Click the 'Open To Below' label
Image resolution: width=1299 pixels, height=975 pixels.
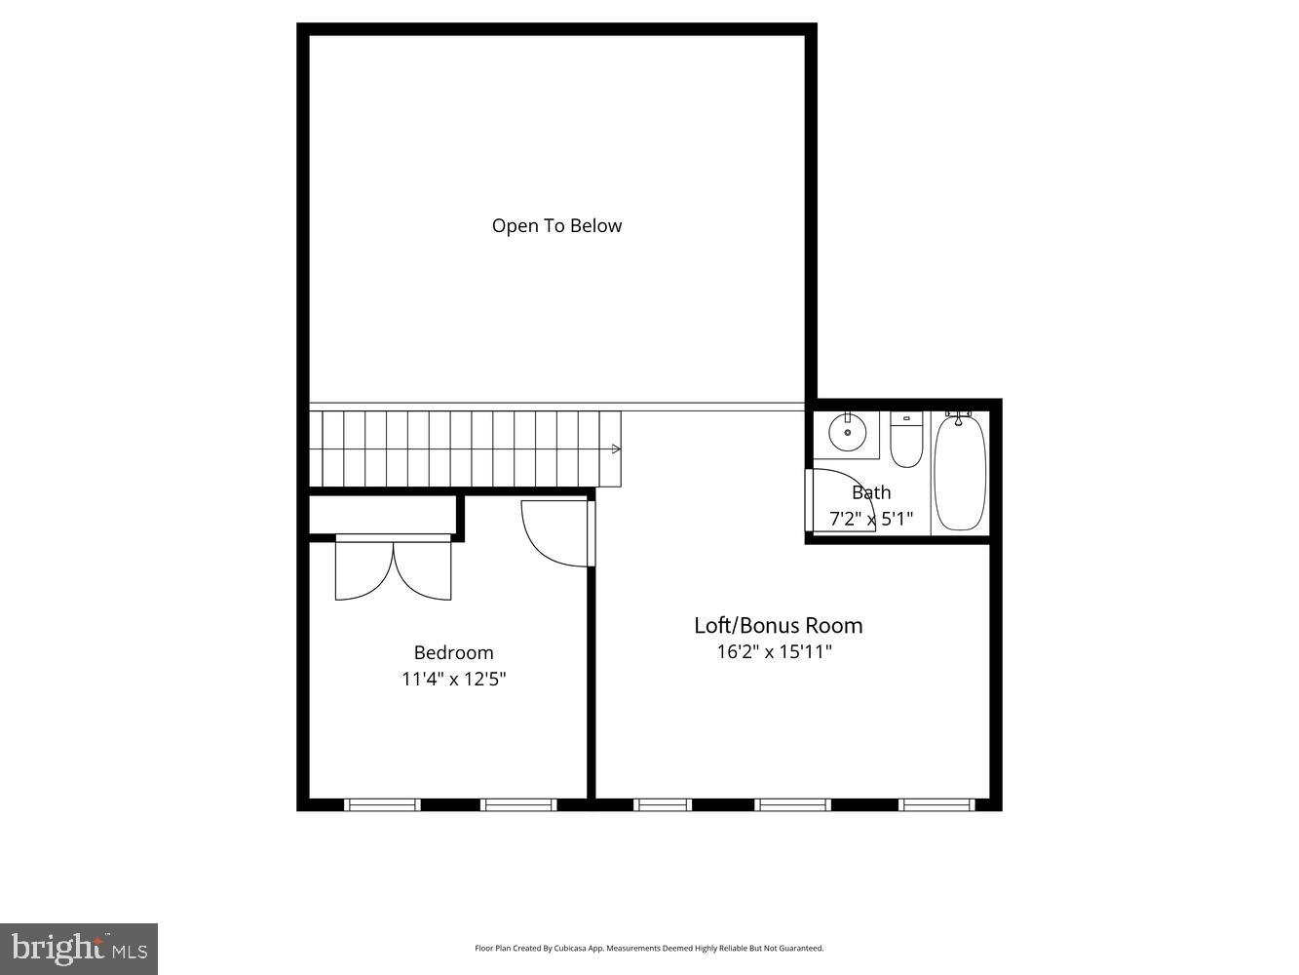pos(556,226)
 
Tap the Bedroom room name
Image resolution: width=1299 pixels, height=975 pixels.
pos(453,653)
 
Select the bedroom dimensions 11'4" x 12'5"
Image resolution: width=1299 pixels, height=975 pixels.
pos(454,679)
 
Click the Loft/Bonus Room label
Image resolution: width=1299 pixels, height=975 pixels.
pos(778,625)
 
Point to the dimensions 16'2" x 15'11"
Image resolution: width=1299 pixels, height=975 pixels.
pos(775,651)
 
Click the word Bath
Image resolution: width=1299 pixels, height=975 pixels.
pos(871,492)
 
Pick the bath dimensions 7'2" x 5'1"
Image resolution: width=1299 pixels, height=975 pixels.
pos(870,519)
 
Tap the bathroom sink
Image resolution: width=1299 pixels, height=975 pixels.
pos(847,432)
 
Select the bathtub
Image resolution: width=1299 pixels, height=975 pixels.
pos(960,473)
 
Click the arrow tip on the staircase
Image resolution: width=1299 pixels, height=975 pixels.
pos(616,448)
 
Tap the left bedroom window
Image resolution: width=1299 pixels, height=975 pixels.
pos(383,804)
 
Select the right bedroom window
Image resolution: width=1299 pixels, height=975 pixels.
pos(518,804)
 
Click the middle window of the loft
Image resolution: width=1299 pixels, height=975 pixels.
pos(793,804)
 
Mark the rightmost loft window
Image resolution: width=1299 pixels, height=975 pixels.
pos(936,804)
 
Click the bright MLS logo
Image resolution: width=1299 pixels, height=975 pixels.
pos(79,948)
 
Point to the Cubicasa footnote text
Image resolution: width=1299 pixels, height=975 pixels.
pos(649,948)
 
